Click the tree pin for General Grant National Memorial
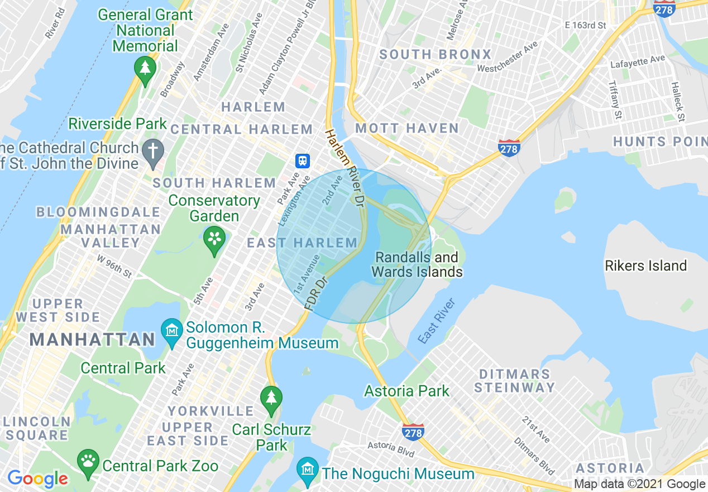point(145,69)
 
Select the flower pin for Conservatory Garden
point(214,238)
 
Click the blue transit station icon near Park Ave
point(302,161)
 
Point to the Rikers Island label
point(645,266)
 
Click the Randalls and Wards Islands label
point(417,265)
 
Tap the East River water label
point(437,321)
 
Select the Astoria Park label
point(406,391)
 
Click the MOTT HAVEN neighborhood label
point(407,129)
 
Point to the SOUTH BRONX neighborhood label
point(436,54)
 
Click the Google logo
point(37,479)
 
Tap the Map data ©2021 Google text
point(639,484)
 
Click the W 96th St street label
point(114,266)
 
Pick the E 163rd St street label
point(585,25)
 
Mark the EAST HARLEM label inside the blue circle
point(302,243)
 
